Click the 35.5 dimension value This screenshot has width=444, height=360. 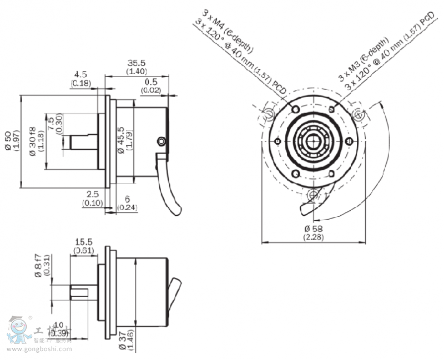coord(136,63)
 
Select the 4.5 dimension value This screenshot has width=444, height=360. coord(80,74)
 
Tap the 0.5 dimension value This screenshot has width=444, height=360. coord(150,82)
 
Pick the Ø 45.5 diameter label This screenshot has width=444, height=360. coord(120,142)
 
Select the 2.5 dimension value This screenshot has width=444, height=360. coord(92,194)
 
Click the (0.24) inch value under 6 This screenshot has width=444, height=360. coord(128,207)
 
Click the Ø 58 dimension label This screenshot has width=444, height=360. coord(314,229)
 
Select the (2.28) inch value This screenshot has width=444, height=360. coord(314,237)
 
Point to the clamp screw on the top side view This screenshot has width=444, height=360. coord(162,141)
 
